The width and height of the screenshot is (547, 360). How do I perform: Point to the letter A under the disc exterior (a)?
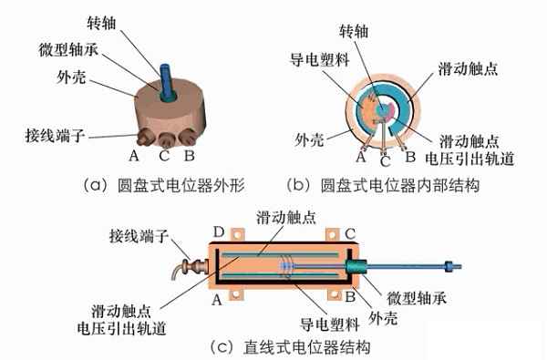pos(133,156)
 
